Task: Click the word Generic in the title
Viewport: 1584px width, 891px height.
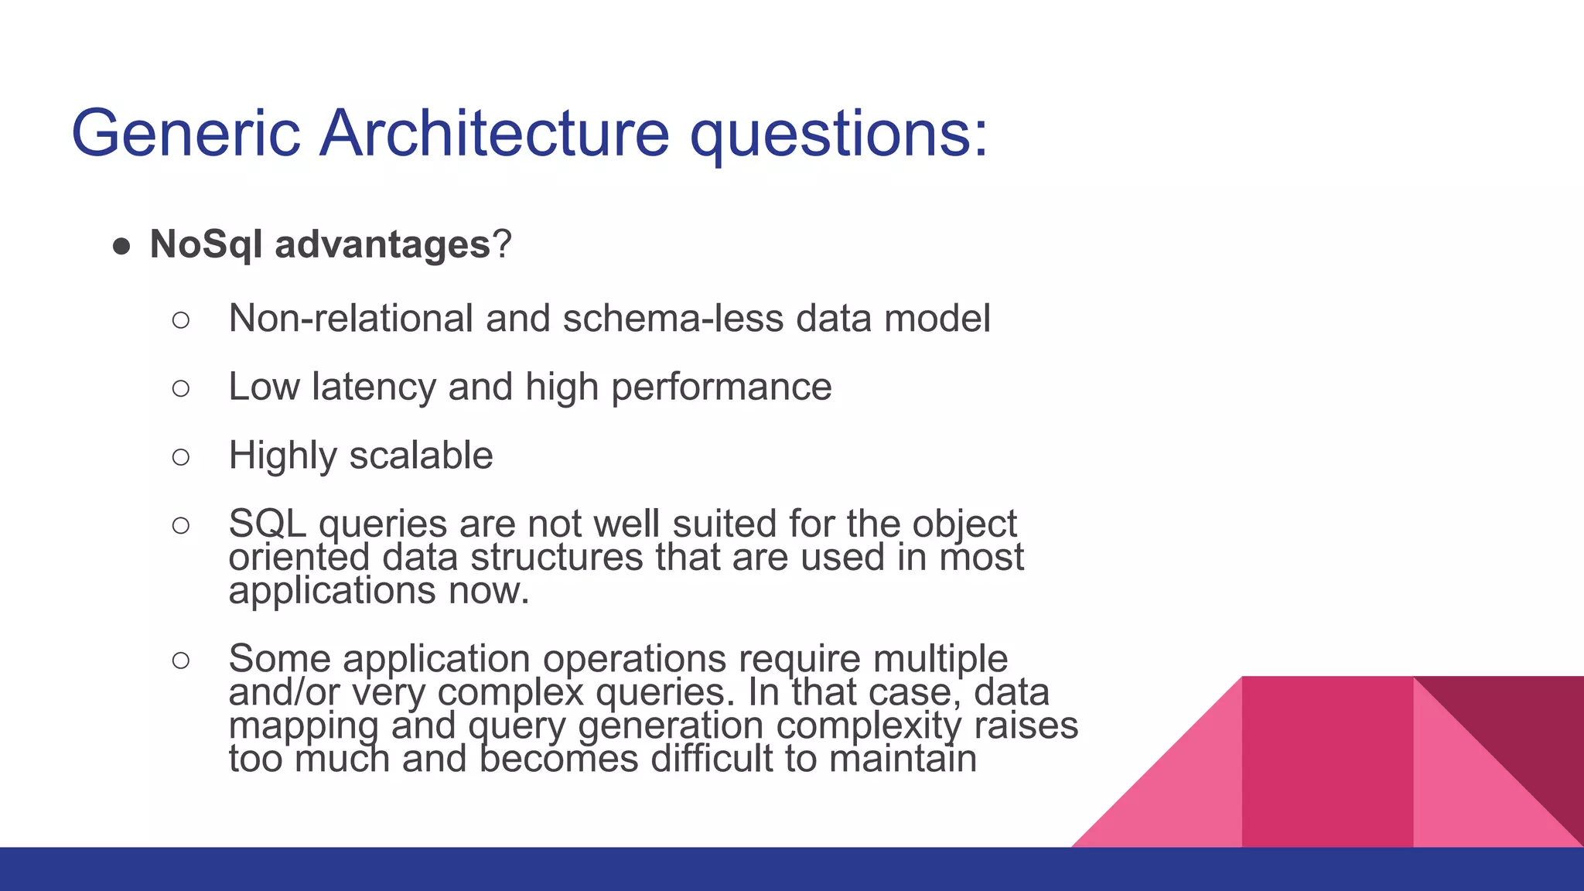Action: click(186, 134)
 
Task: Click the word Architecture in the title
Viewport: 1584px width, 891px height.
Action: click(494, 134)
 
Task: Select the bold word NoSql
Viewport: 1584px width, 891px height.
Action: click(207, 244)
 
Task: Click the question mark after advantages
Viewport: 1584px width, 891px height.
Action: click(502, 244)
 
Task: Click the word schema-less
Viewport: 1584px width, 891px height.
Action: click(673, 318)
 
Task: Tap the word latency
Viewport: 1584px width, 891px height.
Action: click(373, 387)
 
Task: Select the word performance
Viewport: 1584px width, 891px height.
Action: click(721, 387)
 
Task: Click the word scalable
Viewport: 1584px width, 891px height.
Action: click(421, 455)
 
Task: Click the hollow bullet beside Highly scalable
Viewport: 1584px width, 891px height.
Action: click(181, 457)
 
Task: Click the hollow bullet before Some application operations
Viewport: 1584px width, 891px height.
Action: click(181, 661)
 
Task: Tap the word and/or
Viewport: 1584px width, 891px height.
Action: click(284, 691)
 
